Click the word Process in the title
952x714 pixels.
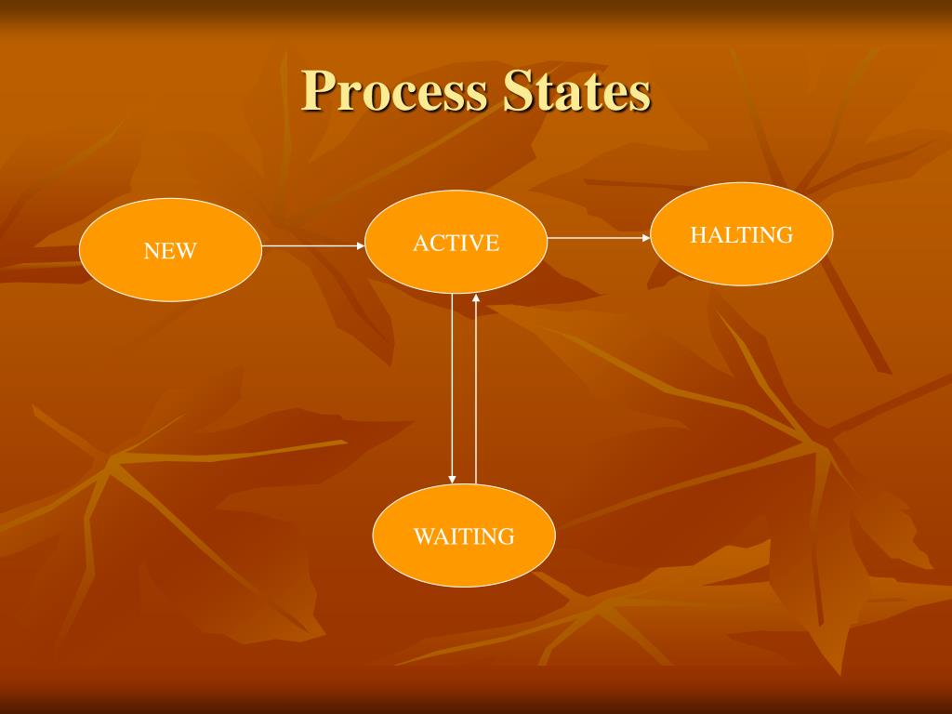[394, 92]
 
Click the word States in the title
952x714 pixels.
[576, 92]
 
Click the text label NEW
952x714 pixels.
[170, 251]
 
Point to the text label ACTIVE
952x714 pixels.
[456, 244]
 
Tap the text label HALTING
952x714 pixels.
[741, 235]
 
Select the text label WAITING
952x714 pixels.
[464, 536]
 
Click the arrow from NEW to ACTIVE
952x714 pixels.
[311, 246]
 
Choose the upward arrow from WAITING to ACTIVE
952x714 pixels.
[476, 390]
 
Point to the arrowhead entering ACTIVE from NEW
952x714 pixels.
[361, 246]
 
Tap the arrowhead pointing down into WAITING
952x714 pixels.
[453, 479]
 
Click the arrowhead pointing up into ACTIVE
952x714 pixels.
[476, 298]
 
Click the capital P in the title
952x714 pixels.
[318, 91]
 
